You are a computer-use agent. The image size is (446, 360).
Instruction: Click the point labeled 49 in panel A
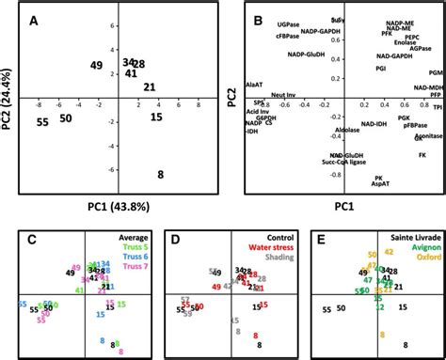pyautogui.click(x=96, y=65)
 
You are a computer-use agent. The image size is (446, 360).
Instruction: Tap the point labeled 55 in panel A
pyautogui.click(x=42, y=122)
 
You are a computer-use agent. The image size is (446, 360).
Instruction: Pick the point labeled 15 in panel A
pyautogui.click(x=156, y=117)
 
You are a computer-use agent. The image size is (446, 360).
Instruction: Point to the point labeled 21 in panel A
pyautogui.click(x=149, y=87)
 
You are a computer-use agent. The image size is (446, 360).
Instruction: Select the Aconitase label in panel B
pyautogui.click(x=403, y=135)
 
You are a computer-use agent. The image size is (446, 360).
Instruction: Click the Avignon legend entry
pyautogui.click(x=419, y=249)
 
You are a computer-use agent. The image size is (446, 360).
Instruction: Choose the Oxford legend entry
pyautogui.click(x=422, y=258)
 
